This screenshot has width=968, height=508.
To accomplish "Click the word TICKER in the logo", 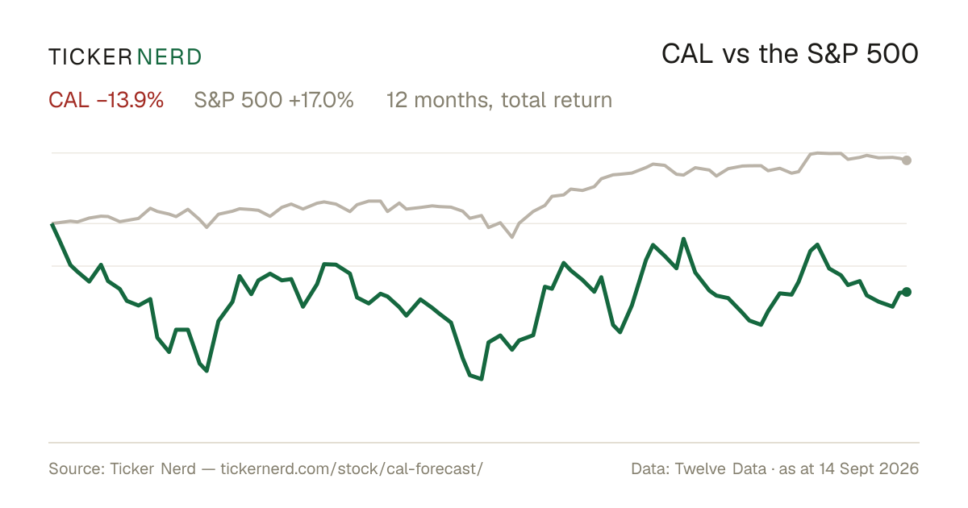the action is tap(90, 57).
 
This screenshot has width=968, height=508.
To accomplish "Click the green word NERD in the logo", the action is tap(169, 57).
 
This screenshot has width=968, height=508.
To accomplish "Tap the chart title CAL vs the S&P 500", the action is tap(790, 54).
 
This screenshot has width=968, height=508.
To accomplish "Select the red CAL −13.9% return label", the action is tap(106, 100).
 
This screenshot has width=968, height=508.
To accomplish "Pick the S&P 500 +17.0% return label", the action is tap(273, 100).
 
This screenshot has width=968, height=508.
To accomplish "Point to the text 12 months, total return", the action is tap(499, 101).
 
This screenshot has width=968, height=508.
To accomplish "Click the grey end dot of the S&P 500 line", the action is tap(907, 160).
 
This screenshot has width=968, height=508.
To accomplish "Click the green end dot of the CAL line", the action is tap(907, 292).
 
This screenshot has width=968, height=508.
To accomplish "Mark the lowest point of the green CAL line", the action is tap(482, 379).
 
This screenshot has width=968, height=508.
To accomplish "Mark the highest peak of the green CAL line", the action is tap(684, 239).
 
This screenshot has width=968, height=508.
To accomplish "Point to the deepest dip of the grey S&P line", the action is tap(512, 237).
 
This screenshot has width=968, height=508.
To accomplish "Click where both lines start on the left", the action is tap(52, 224).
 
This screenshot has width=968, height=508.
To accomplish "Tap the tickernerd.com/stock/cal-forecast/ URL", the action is tap(352, 468).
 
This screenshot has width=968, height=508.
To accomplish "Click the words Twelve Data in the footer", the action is tap(720, 468).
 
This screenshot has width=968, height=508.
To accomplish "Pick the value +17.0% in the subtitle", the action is tap(321, 100).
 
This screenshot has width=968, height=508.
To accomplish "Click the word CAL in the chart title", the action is tap(687, 54).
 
